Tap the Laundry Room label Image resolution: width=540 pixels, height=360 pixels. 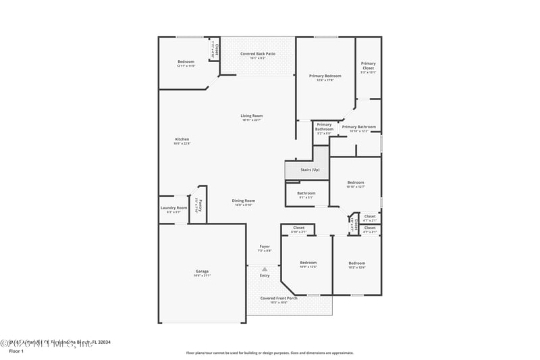click(x=173, y=208)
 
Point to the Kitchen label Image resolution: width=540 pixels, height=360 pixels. click(x=182, y=140)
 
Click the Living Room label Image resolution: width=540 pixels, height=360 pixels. click(x=251, y=116)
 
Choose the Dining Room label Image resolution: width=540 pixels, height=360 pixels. click(x=244, y=201)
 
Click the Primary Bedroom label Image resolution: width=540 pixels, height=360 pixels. click(x=325, y=76)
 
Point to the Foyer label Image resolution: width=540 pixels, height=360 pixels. click(x=265, y=247)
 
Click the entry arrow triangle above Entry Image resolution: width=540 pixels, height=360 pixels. click(x=265, y=268)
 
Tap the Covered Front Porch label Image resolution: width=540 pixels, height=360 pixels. click(x=278, y=298)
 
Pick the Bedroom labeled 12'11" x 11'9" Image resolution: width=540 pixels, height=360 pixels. click(x=186, y=61)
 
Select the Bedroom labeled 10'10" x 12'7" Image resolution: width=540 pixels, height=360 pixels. click(x=355, y=182)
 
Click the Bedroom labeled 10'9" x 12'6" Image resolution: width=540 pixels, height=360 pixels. click(x=308, y=263)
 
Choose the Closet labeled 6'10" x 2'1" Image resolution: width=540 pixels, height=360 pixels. click(x=298, y=228)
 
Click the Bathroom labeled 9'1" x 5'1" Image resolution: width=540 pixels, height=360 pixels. click(x=306, y=194)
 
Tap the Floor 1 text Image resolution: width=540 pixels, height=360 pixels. click(x=16, y=351)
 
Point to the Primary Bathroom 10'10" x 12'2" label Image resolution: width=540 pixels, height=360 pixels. click(x=358, y=127)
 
